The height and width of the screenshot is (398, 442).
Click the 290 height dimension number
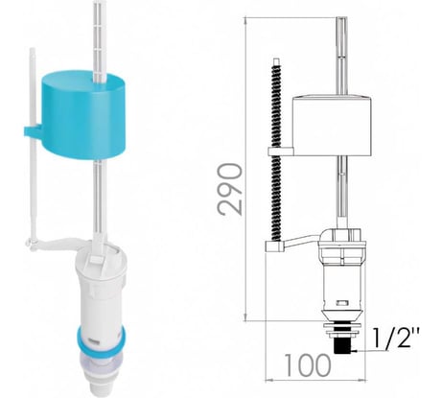pos(229,188)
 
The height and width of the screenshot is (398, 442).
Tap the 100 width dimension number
pos(308,364)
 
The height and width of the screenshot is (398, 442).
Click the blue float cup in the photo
pos(83,114)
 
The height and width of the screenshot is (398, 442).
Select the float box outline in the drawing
pos(333,126)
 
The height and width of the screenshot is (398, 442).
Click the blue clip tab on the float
pos(33,132)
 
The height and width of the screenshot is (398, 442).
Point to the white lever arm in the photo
pos(59,243)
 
